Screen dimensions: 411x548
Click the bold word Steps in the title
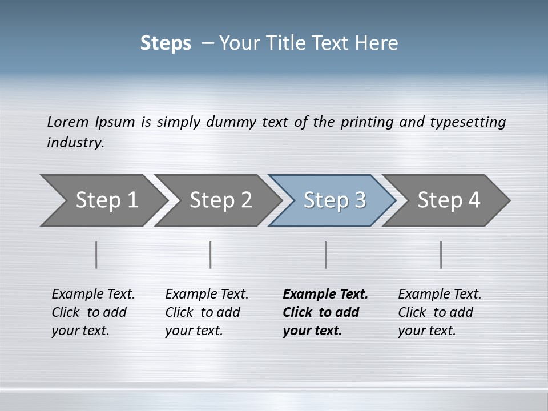[x=166, y=43]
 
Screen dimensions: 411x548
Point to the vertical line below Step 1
[x=96, y=255]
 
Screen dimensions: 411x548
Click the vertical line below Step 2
[x=211, y=255]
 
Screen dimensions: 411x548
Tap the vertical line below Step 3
[x=326, y=255]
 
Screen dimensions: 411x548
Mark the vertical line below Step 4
[x=441, y=255]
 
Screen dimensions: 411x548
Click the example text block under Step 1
[x=93, y=312]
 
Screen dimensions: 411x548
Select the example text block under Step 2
[x=207, y=312]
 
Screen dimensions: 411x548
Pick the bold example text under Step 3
[x=325, y=312]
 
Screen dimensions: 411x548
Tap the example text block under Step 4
[x=440, y=312]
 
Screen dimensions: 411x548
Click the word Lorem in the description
[x=67, y=122]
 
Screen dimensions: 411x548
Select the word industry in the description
[x=75, y=143]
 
